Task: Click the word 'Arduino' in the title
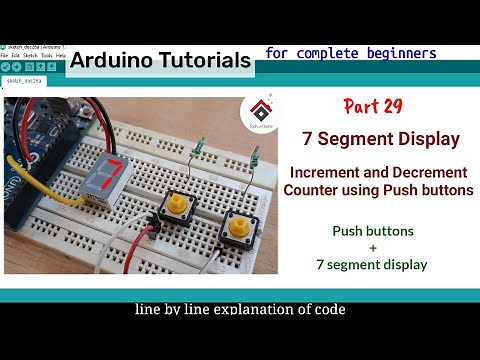tap(111, 60)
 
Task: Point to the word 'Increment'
tap(330, 172)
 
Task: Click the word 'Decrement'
tap(418, 172)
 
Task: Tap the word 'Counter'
tap(313, 189)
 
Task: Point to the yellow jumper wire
tap(30, 178)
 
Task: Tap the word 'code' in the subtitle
tap(329, 310)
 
